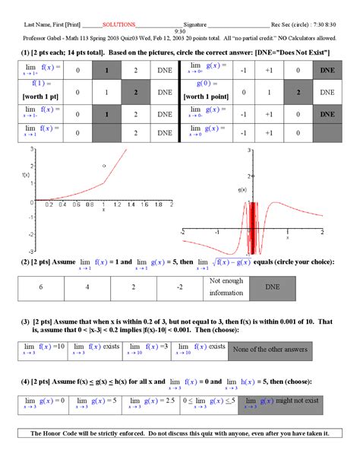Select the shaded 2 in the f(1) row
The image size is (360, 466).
(135, 93)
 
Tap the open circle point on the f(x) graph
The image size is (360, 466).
(104, 165)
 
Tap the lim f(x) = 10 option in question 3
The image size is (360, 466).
(43, 349)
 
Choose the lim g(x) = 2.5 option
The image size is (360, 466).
(151, 401)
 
